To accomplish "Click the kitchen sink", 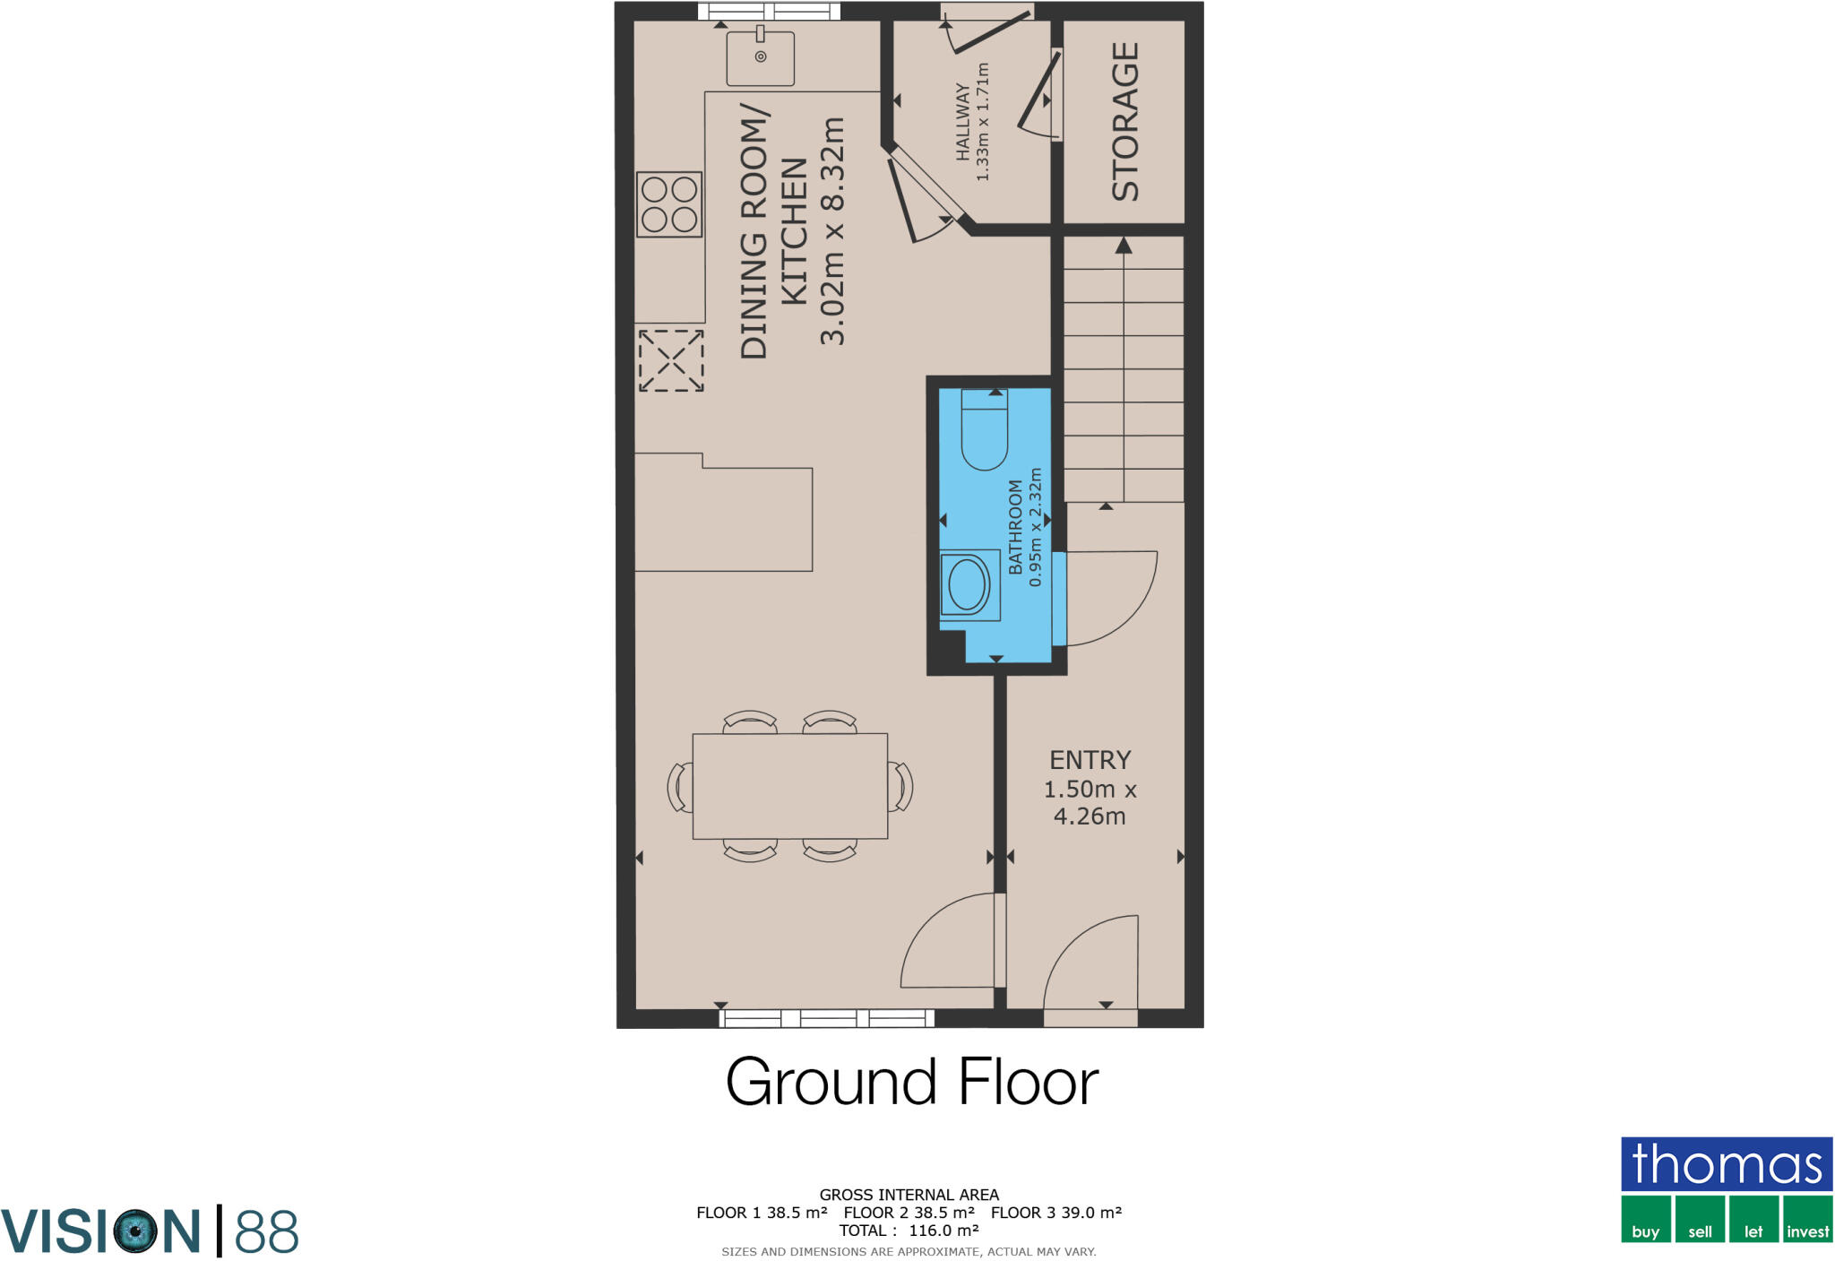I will click(x=760, y=58).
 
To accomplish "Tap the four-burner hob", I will click(x=669, y=204).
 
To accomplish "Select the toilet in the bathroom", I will click(x=984, y=430).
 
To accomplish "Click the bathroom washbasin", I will click(x=969, y=585).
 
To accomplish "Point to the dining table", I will click(x=789, y=786).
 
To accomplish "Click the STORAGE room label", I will click(x=1124, y=121).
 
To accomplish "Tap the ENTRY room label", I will click(x=1090, y=760).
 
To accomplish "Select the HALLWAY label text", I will click(x=962, y=122).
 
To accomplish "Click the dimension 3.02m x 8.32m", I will click(x=832, y=230).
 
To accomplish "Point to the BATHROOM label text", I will click(x=1015, y=527).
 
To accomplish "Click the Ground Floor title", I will click(x=911, y=1082).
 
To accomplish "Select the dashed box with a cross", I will click(x=670, y=360).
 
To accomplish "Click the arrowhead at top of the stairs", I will click(x=1124, y=245).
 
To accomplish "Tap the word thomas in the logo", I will click(x=1726, y=1164).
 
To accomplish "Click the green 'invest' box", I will click(x=1807, y=1220).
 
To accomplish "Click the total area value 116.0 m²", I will click(x=943, y=1231).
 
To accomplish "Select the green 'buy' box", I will click(x=1645, y=1220).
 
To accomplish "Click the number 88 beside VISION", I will click(x=266, y=1232).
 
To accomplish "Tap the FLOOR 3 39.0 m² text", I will click(x=1055, y=1213).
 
